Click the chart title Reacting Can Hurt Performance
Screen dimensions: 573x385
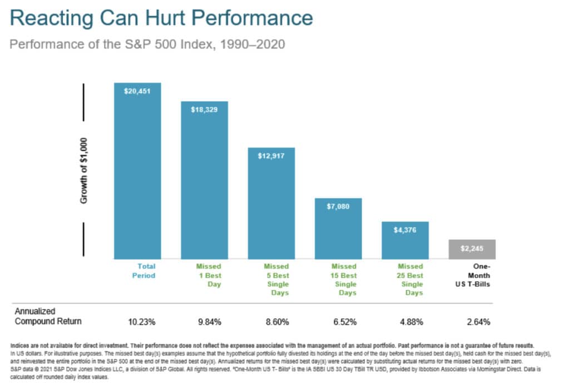(x=161, y=18)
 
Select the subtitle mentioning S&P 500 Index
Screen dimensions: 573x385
(x=147, y=45)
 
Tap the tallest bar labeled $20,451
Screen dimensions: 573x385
(x=137, y=171)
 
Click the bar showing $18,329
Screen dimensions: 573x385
(x=204, y=180)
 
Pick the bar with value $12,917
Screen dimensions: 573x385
(x=271, y=203)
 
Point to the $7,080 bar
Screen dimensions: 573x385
(x=338, y=229)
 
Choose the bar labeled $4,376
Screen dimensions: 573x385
(x=405, y=240)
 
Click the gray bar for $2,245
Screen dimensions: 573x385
(x=472, y=249)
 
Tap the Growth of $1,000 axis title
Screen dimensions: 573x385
(x=83, y=171)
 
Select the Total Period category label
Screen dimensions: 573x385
(x=144, y=271)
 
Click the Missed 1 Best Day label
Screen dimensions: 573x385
(x=209, y=275)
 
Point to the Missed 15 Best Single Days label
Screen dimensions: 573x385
(x=344, y=280)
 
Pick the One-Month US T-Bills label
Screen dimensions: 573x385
(x=473, y=275)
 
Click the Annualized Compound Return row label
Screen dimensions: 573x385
(x=48, y=316)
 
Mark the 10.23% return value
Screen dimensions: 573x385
(x=142, y=322)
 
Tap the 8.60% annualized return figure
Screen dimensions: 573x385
(x=278, y=322)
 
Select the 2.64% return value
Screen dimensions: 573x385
(x=478, y=322)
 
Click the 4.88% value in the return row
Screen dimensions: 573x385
(x=412, y=322)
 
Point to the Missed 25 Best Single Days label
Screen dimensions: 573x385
(x=410, y=280)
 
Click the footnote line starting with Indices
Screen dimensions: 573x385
(x=272, y=345)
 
